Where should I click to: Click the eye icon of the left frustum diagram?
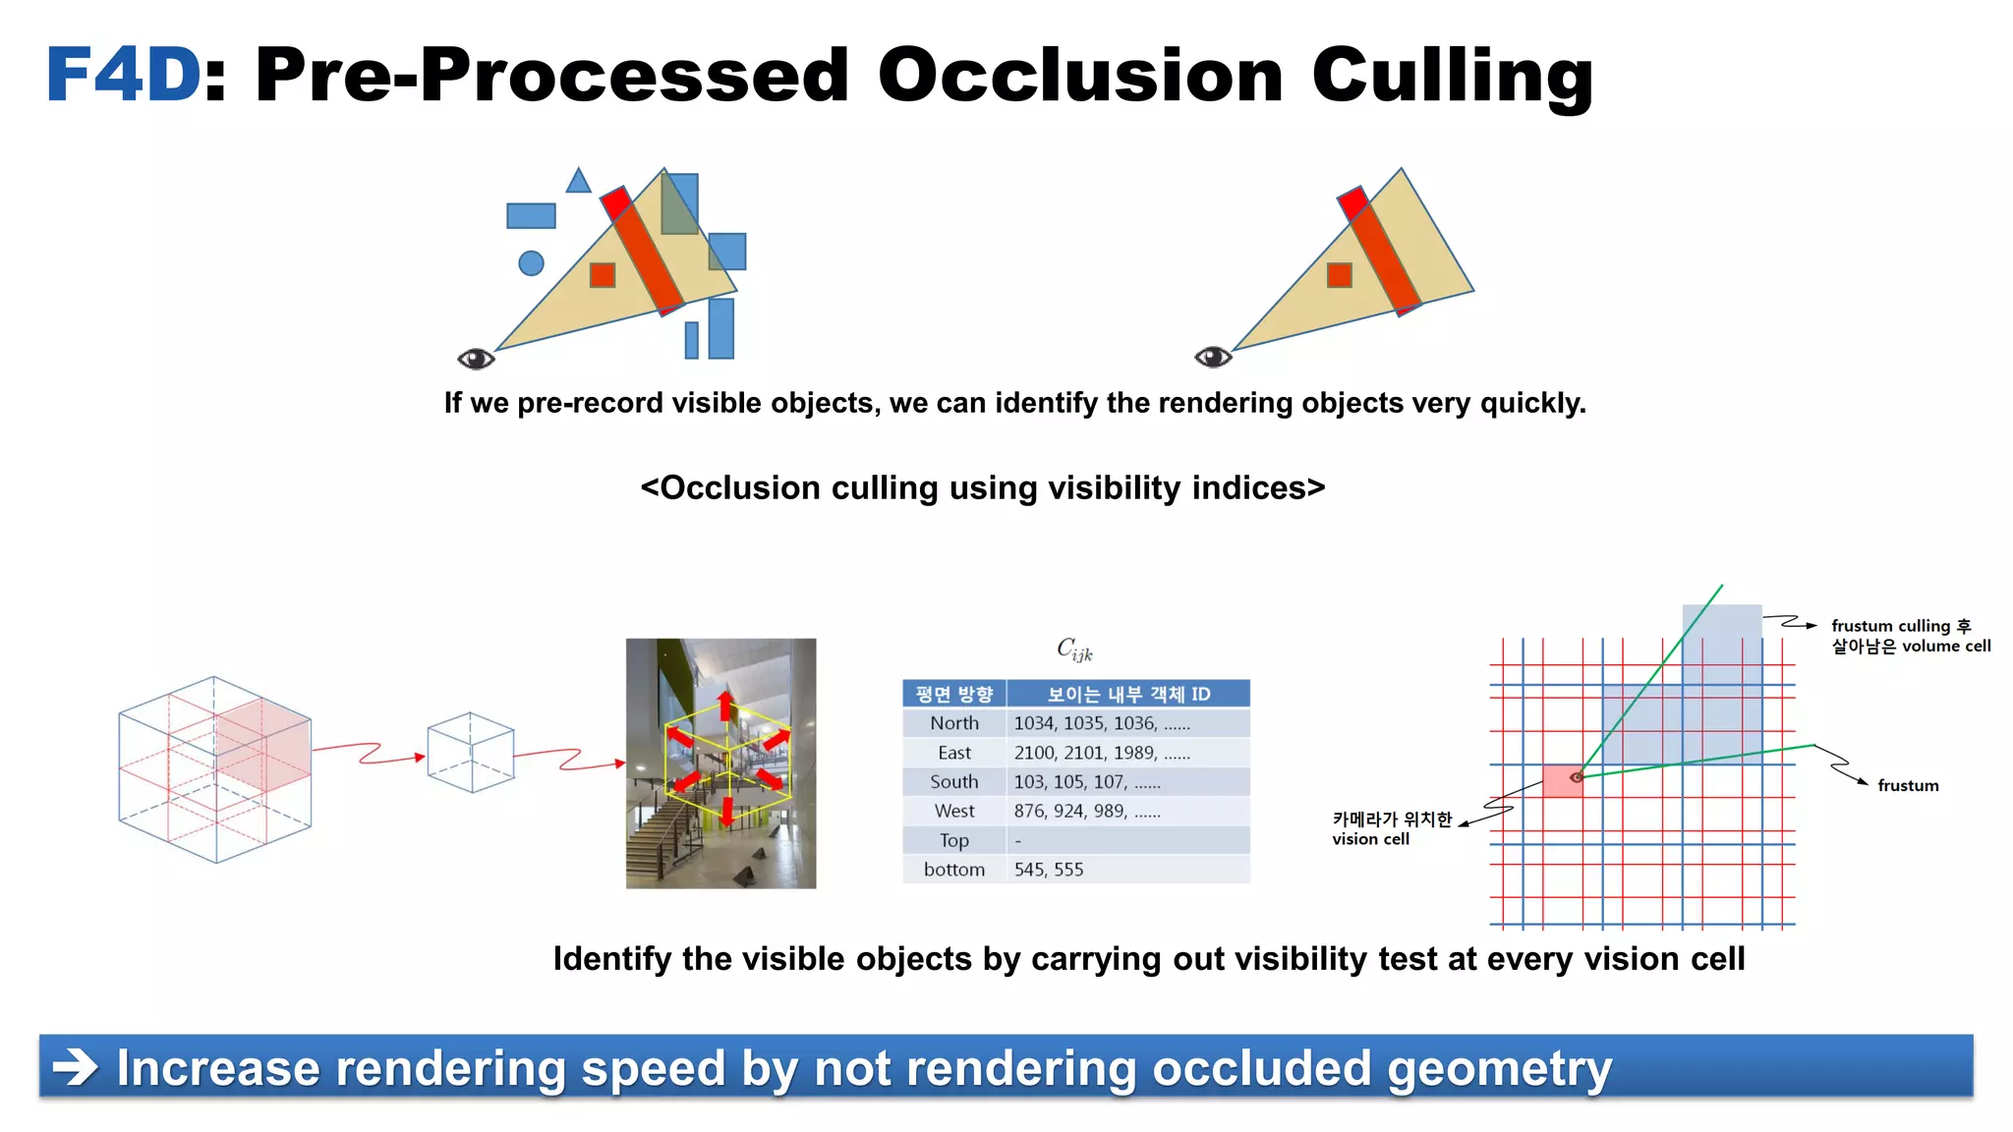[476, 359]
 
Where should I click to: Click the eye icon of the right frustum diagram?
[1213, 357]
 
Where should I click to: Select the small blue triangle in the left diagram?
[578, 182]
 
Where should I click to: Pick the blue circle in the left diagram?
[531, 263]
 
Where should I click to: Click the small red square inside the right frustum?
[1339, 275]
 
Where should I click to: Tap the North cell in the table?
[954, 723]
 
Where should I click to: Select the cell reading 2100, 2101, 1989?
[1101, 753]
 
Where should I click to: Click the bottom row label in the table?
[954, 870]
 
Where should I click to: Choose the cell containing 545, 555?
[1049, 870]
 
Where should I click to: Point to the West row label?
[954, 811]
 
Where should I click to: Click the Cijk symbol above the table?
[1073, 649]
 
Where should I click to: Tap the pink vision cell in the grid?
[1561, 781]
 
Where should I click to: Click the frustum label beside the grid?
[1908, 785]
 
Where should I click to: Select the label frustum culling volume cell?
[1910, 636]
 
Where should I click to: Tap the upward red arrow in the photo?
[725, 705]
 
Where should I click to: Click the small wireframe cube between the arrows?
[471, 753]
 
